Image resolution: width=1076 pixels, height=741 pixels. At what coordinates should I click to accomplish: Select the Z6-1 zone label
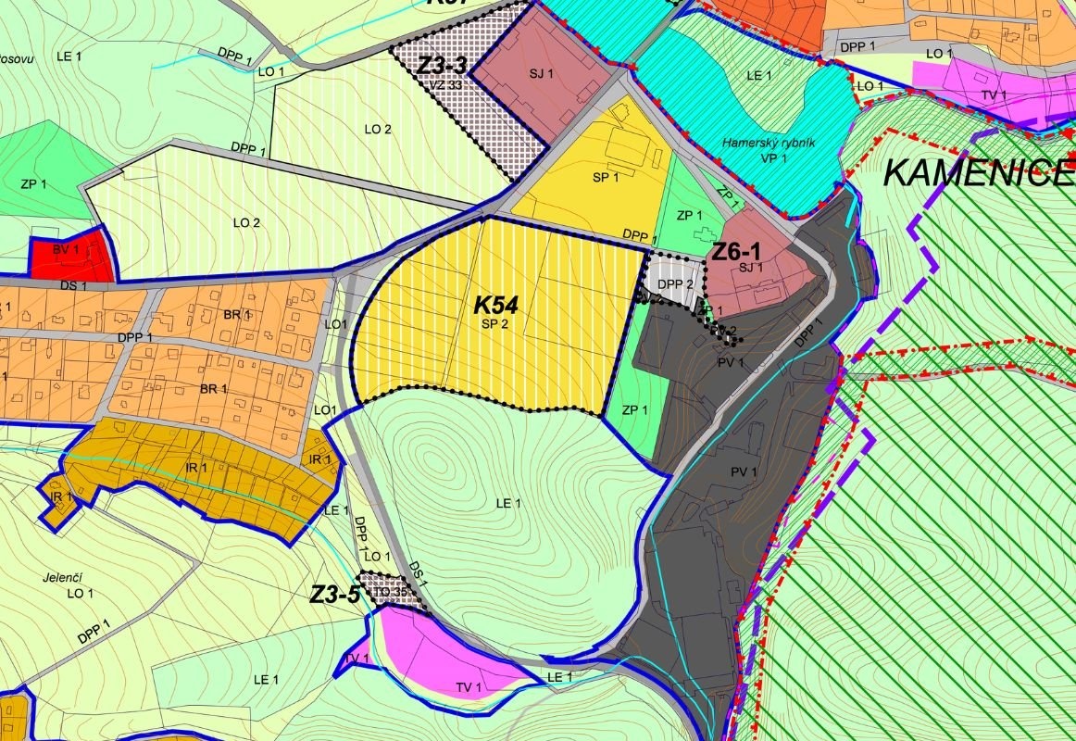pos(736,250)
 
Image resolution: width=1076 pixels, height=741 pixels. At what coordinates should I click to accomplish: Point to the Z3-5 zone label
pos(334,595)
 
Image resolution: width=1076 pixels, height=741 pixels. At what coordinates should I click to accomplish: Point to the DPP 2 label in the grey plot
pos(676,284)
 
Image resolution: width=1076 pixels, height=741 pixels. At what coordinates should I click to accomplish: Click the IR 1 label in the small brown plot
pos(58,498)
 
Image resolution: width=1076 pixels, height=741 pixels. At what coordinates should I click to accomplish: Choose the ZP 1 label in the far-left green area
pos(33,185)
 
